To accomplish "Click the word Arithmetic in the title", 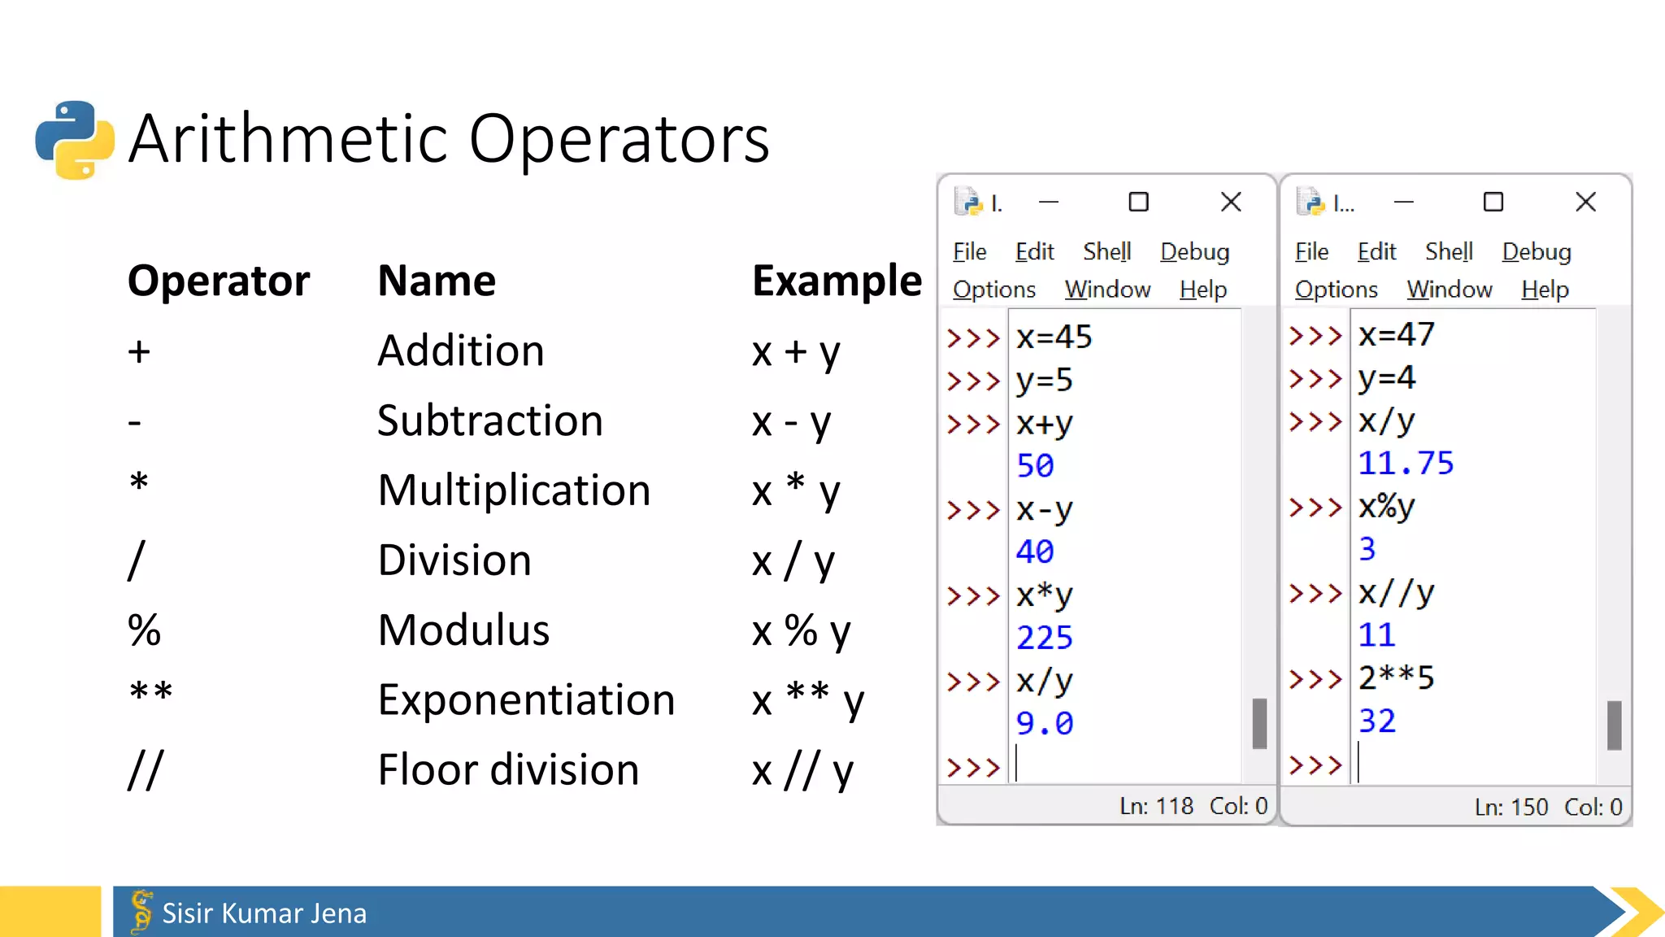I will point(289,139).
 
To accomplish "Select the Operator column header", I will point(219,281).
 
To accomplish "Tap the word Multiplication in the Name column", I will point(514,490).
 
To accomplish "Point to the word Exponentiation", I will point(526,700).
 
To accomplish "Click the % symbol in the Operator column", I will point(145,630).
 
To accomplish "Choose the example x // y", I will point(802,770).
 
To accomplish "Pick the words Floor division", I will point(508,770).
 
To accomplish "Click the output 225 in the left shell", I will point(1044,638).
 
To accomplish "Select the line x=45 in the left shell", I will point(1054,337).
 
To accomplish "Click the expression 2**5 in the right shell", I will point(1396,678).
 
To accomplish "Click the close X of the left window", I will point(1231,202).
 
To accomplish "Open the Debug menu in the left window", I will point(1194,252).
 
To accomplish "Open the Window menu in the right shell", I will point(1450,290).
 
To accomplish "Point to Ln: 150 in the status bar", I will point(1511,807).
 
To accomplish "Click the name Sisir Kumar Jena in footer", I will point(264,913).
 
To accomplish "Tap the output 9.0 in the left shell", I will point(1044,723).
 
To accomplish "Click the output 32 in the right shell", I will point(1376,721).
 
